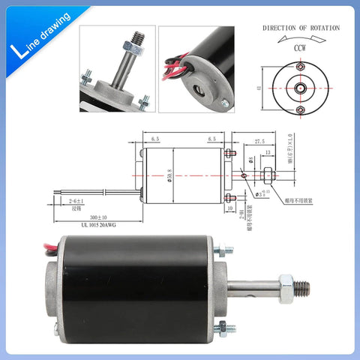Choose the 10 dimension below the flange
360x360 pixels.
pyautogui.click(x=230, y=209)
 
